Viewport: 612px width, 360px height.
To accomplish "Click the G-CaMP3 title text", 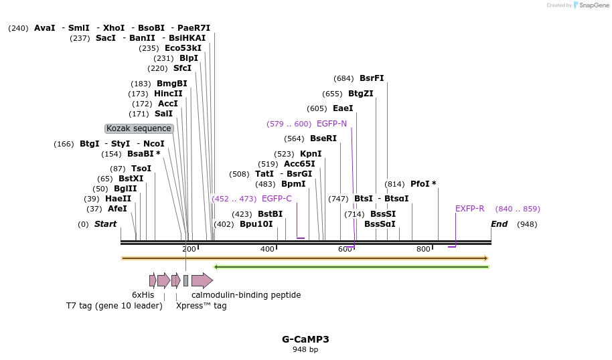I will click(305, 339).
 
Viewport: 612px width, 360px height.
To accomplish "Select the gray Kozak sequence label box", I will click(139, 128).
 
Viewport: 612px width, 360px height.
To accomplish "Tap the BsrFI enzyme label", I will click(372, 78).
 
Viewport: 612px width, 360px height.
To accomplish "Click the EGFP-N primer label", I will click(331, 124).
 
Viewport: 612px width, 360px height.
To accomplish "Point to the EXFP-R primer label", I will click(469, 209).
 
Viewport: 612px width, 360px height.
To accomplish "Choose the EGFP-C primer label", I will click(277, 199).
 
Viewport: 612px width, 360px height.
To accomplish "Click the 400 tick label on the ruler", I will click(267, 249).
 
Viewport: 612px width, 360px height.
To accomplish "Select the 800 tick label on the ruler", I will click(423, 249).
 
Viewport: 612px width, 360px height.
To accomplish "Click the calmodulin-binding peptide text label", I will click(246, 295).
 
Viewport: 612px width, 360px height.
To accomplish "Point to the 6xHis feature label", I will click(143, 295).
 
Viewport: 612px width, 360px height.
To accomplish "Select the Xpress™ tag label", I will click(201, 306).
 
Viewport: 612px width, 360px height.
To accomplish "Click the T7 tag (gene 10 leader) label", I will click(114, 306).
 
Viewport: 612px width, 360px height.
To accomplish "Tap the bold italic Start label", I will click(105, 224).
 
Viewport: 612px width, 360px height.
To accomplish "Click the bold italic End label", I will click(500, 224).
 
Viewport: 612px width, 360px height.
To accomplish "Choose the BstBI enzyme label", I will click(271, 214).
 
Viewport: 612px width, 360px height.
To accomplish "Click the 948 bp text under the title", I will click(305, 349).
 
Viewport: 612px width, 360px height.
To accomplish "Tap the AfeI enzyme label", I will click(117, 209).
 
